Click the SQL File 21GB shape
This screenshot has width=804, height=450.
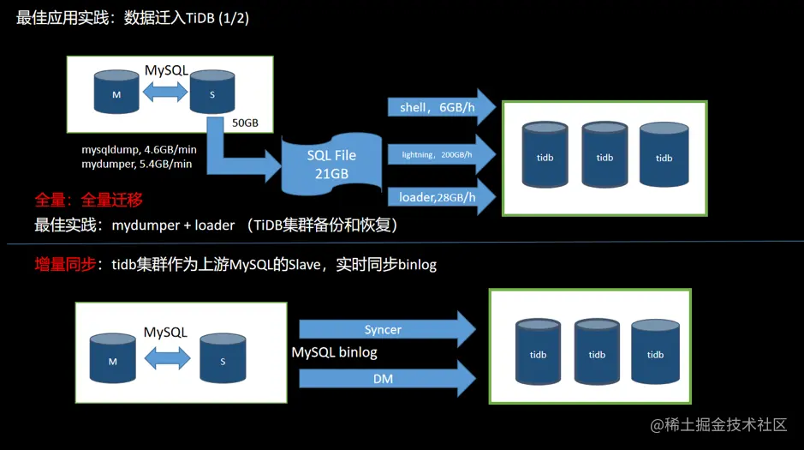[331, 164]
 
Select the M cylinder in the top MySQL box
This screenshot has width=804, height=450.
[116, 92]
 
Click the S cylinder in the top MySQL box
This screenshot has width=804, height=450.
[212, 92]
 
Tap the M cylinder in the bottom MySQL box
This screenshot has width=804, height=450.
[112, 358]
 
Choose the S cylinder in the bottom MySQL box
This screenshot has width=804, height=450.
[223, 358]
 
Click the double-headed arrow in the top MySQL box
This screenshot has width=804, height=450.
[164, 93]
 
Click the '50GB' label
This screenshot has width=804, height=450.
[245, 123]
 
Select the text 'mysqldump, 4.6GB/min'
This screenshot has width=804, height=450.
[139, 149]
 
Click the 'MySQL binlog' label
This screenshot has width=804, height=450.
[334, 352]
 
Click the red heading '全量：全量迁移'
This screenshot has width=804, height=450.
[87, 200]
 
